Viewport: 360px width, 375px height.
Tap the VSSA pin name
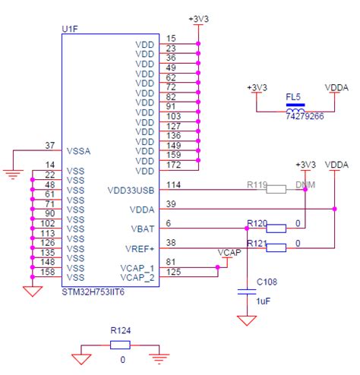tap(78, 151)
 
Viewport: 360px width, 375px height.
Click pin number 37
tap(50, 146)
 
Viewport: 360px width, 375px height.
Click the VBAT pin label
tap(142, 228)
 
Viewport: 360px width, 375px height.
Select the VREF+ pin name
tap(140, 247)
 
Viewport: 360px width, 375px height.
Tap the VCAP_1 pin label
tap(137, 268)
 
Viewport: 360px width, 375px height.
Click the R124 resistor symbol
tap(120, 345)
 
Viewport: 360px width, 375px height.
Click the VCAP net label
tap(229, 253)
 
